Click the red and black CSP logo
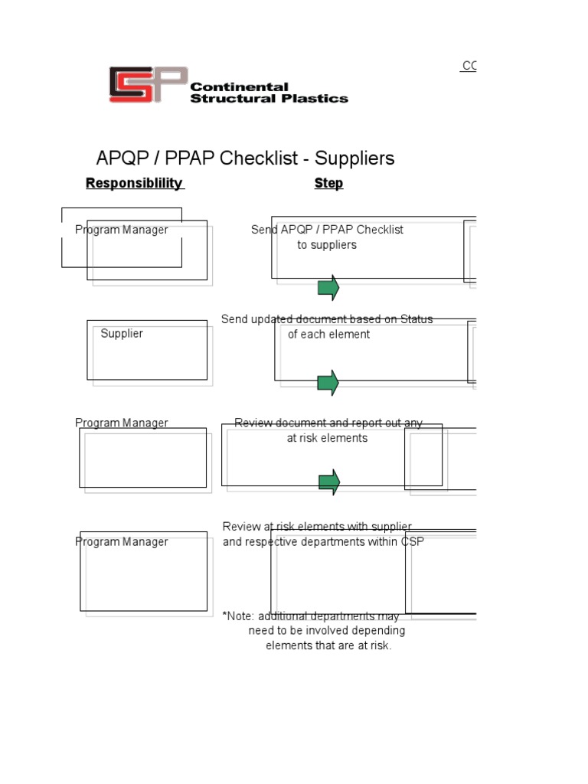pyautogui.click(x=148, y=84)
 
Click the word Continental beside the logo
pyautogui.click(x=239, y=87)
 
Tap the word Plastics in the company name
pyautogui.click(x=321, y=98)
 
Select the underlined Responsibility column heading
pyautogui.click(x=135, y=183)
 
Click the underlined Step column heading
pyautogui.click(x=328, y=183)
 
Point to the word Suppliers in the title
pyautogui.click(x=354, y=158)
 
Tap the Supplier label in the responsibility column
pyautogui.click(x=122, y=333)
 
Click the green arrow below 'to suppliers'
pyautogui.click(x=328, y=288)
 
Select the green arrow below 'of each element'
pyautogui.click(x=328, y=383)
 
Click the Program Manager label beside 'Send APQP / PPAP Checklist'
pyautogui.click(x=122, y=230)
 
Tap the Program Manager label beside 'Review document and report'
pyautogui.click(x=122, y=423)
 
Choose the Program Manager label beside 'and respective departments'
pyautogui.click(x=122, y=541)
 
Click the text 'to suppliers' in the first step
pyautogui.click(x=327, y=245)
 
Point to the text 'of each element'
pyautogui.click(x=328, y=334)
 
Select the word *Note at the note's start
pyautogui.click(x=237, y=616)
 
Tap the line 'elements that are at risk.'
pyautogui.click(x=328, y=645)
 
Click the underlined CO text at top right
pyautogui.click(x=469, y=67)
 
